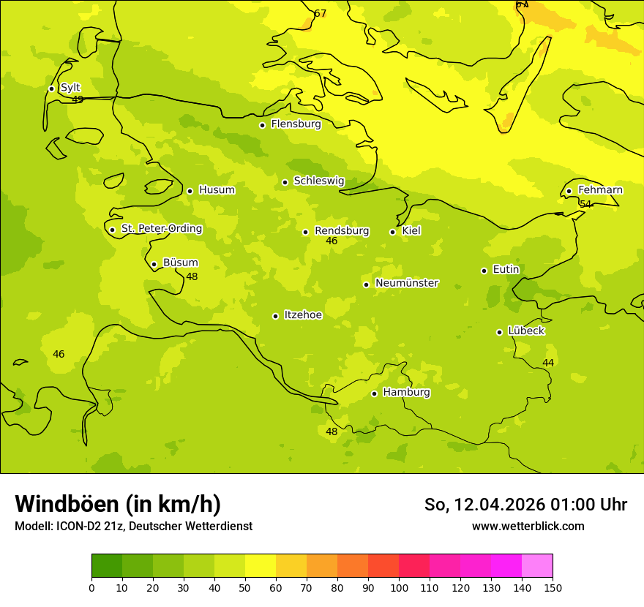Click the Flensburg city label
coord(296,124)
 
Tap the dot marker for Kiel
coord(393,232)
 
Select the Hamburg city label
coord(406,393)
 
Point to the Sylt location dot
coord(51,88)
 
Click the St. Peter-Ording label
coord(162,229)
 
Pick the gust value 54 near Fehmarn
coord(585,204)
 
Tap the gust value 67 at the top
coord(320,14)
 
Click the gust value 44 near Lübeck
coord(548,363)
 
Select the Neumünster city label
coord(407,283)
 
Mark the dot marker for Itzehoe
coord(275,316)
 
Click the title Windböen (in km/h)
coord(118,504)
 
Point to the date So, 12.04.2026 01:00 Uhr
coord(525,505)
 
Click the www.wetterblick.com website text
coord(528,527)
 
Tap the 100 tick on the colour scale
coord(399,587)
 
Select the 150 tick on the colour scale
coord(553,587)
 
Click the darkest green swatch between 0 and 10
coord(107,566)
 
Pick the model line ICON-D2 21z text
coord(133,527)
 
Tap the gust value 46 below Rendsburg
coord(332,241)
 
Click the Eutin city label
coord(506,270)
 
